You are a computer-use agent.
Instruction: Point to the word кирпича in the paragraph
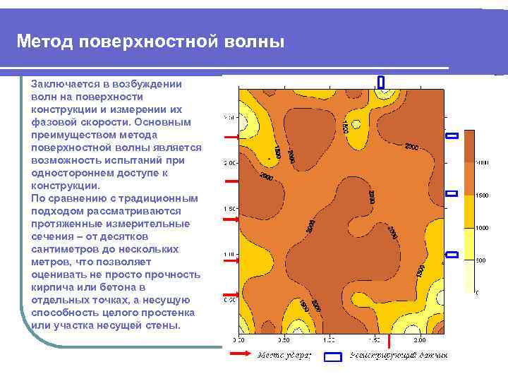54,287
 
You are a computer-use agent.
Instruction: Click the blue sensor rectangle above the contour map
381,82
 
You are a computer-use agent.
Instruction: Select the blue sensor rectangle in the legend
332,357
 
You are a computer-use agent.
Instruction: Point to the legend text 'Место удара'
282,355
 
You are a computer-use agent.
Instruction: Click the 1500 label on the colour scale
483,195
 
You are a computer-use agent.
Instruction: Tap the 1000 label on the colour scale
483,228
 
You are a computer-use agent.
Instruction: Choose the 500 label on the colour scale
480,260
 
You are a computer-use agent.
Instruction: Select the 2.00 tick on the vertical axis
230,163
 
